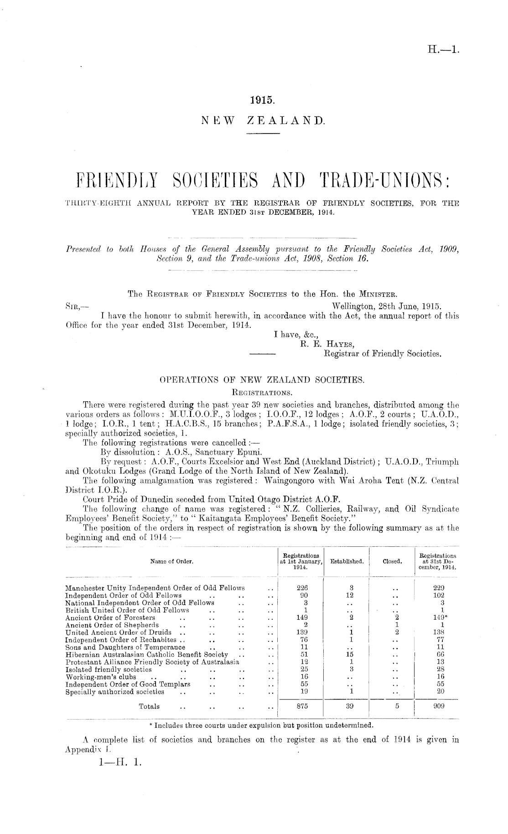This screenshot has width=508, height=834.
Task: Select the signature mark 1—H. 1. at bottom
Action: pos(118,761)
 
